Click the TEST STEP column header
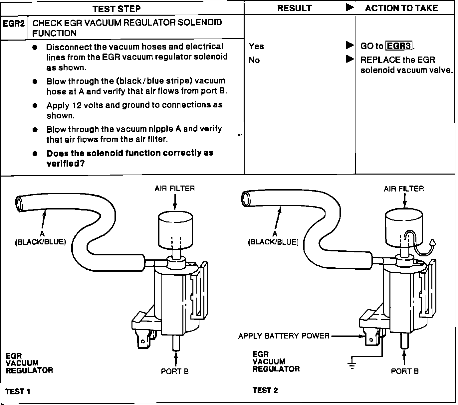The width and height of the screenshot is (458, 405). point(116,9)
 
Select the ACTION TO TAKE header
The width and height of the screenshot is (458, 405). point(401,8)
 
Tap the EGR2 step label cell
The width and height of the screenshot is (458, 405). point(14,23)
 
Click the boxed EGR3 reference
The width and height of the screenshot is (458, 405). point(399,46)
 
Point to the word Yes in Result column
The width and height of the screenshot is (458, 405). point(256,46)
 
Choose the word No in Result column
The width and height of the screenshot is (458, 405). point(254,60)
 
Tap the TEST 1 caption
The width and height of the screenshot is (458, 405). point(18,391)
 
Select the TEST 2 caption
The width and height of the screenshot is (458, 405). point(265,390)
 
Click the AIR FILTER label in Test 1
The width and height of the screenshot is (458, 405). point(174,189)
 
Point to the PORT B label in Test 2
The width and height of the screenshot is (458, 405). point(405,371)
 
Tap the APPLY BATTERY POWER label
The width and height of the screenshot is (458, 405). point(284,336)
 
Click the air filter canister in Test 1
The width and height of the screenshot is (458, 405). point(175,229)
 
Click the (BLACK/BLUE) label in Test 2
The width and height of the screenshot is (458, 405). point(273,242)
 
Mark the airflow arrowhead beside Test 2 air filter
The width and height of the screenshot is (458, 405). point(432,243)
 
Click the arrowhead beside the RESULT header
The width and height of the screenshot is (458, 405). point(350,7)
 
